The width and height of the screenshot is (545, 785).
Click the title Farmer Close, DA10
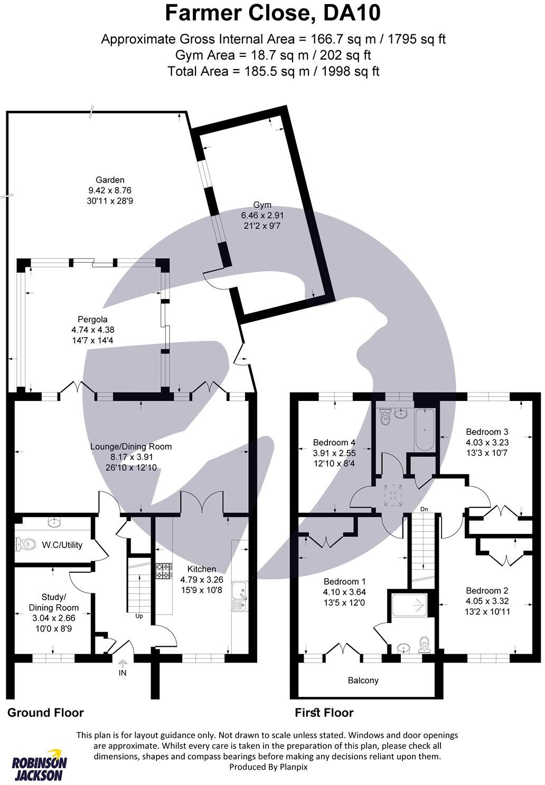(272, 13)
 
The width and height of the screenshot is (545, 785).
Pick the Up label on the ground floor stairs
(139, 616)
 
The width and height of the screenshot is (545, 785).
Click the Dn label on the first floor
(424, 509)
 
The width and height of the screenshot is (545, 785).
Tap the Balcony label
(363, 681)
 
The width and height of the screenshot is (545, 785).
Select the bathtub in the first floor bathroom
(424, 429)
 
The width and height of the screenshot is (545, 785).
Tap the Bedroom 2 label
(483, 590)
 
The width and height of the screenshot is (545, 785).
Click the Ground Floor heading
(45, 713)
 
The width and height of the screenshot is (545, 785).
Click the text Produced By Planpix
(268, 767)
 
